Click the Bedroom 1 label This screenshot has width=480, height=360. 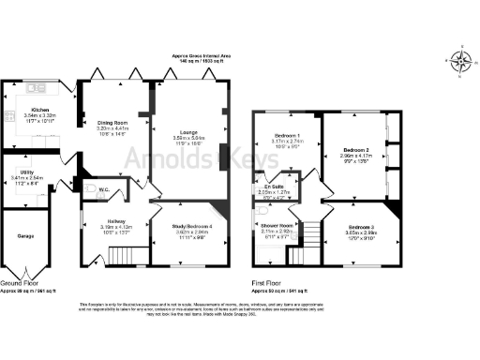[x=284, y=135]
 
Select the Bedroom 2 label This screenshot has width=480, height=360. [x=354, y=150]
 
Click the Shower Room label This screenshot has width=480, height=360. [x=278, y=226]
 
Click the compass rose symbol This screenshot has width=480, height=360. [x=460, y=61]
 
